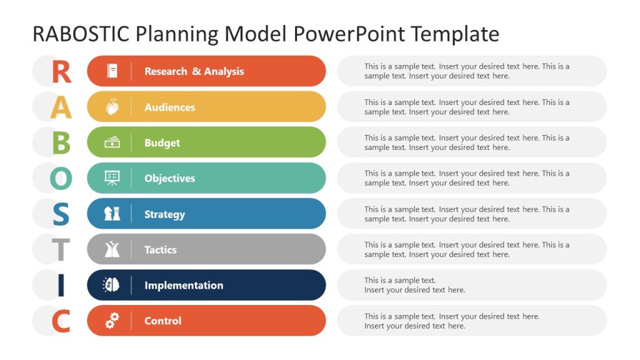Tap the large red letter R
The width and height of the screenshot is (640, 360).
pos(61,72)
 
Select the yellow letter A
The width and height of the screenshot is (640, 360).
pos(61,107)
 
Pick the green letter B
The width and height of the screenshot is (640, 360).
pos(61,143)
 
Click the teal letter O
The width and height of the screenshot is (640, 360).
pos(61,179)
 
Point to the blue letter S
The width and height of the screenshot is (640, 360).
pos(61,214)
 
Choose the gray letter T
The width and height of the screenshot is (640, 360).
pos(61,250)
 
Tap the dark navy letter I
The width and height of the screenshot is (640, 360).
pos(61,286)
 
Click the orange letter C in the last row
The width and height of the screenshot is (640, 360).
pos(61,321)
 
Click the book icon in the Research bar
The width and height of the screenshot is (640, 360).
pos(112,71)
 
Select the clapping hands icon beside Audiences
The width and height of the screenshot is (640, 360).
pos(112,107)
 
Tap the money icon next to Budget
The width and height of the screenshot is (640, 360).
pos(112,142)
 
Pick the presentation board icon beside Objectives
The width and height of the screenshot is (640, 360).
pos(112,178)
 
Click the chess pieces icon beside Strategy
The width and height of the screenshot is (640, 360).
pos(112,214)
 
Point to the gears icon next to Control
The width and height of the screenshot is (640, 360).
pos(112,321)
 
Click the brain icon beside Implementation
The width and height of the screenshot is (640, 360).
pos(112,285)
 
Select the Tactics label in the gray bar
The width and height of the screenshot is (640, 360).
pos(161,250)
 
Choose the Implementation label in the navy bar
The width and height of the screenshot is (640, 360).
pos(184,286)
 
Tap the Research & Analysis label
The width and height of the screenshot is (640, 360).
pos(194,71)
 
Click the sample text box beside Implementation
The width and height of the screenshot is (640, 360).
pos(472,285)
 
